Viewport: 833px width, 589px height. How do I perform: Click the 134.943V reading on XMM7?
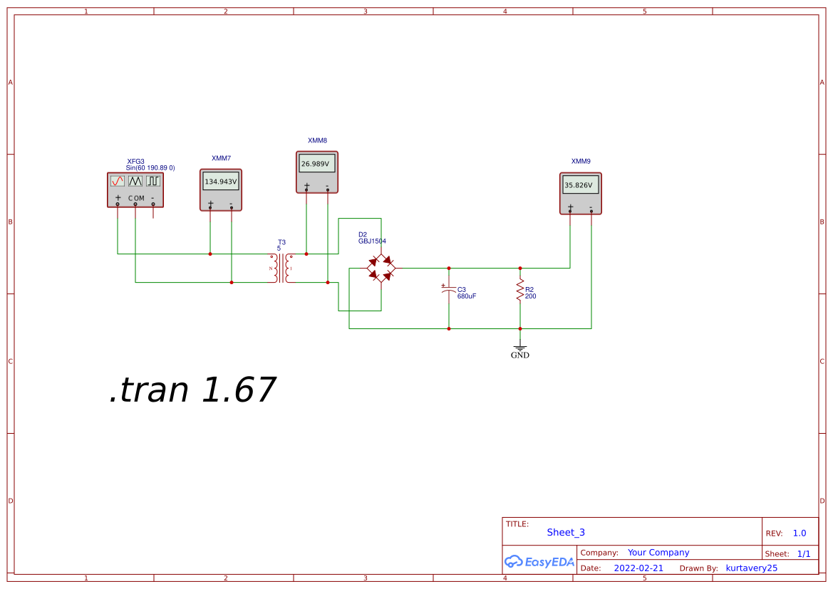click(221, 182)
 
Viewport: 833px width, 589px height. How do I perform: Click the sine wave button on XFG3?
click(118, 181)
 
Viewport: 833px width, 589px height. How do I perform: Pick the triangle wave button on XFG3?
click(135, 181)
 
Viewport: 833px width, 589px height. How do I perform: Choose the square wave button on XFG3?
click(153, 181)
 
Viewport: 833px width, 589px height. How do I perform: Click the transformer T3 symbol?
click(281, 268)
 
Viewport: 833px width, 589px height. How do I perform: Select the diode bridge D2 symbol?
click(381, 269)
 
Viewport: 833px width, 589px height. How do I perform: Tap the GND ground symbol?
click(520, 350)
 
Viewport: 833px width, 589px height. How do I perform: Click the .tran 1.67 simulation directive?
click(192, 390)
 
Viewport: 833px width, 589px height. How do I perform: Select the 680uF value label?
click(467, 296)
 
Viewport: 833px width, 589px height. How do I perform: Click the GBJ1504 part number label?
click(372, 241)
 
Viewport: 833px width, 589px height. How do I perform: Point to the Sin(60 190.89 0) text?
click(150, 168)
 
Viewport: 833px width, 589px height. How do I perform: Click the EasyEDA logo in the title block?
click(539, 562)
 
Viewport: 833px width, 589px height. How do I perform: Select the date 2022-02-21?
click(638, 568)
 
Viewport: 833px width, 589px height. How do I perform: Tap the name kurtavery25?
click(751, 568)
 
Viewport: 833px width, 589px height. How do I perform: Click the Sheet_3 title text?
click(566, 532)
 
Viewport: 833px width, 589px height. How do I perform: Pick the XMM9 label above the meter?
click(581, 162)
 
